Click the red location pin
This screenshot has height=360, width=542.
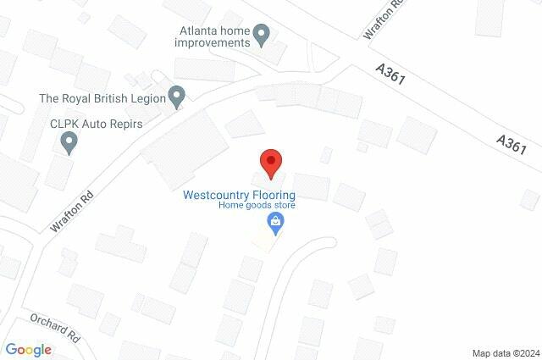tap(270, 162)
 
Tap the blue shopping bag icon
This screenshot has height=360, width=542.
tap(274, 224)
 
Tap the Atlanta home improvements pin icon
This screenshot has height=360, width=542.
tap(262, 36)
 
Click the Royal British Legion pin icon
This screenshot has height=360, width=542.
tap(177, 97)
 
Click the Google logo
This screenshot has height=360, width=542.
tap(28, 350)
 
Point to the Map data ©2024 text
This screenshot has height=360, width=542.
tap(505, 352)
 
